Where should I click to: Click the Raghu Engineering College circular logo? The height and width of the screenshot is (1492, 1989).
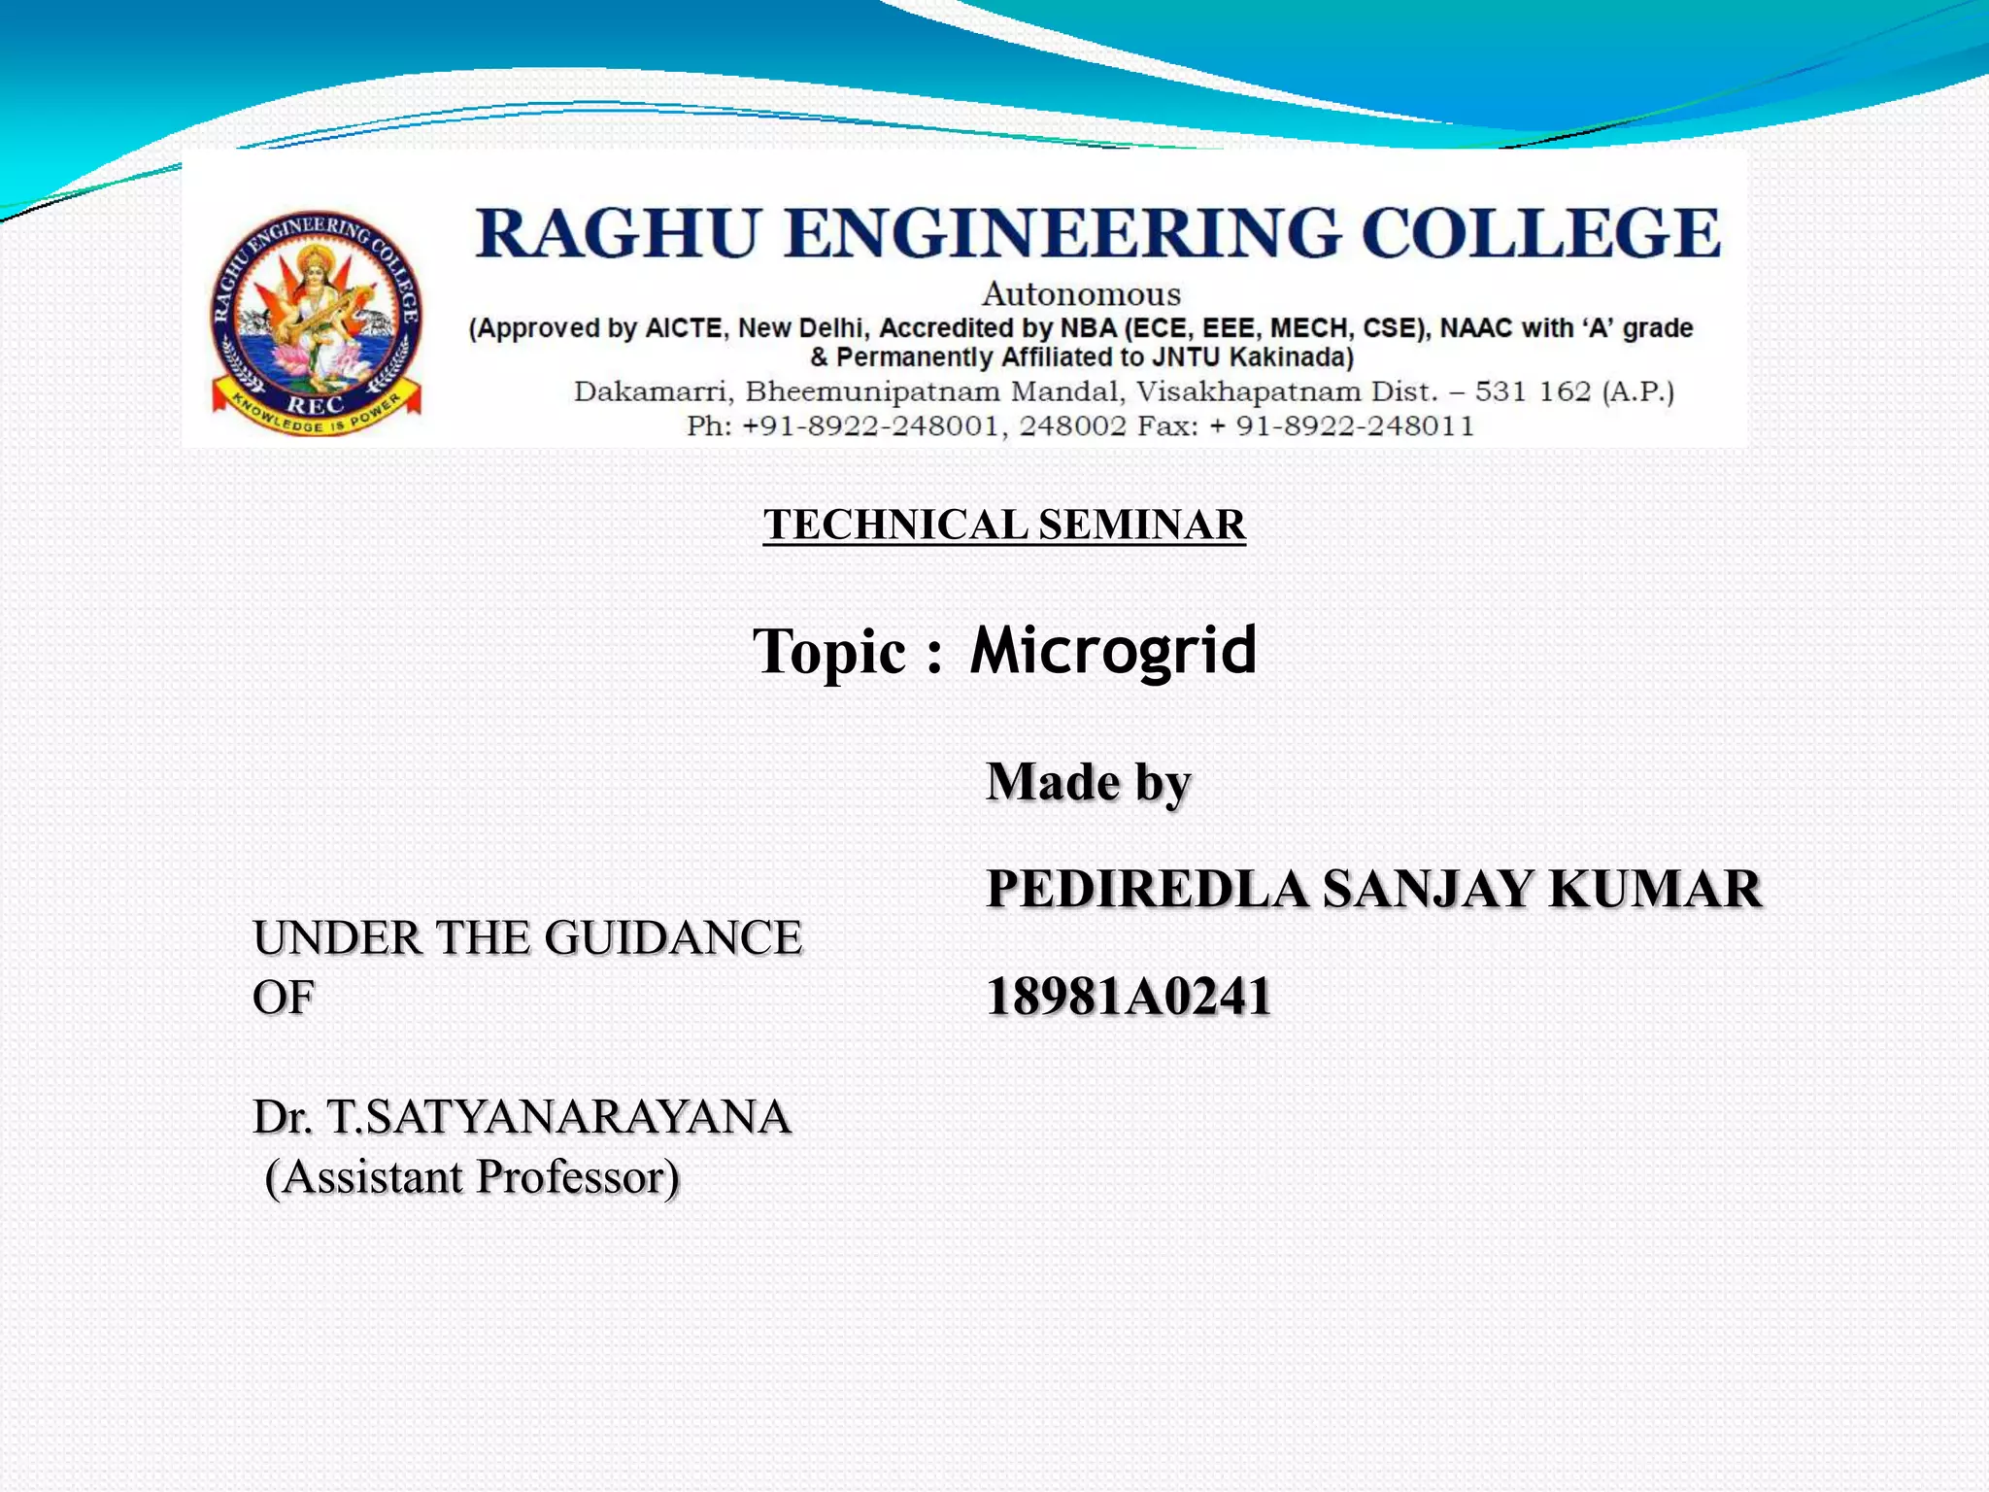tap(318, 323)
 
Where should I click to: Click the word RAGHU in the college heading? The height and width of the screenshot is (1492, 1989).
tap(616, 234)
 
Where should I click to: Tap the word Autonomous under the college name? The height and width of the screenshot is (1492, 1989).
tap(1081, 293)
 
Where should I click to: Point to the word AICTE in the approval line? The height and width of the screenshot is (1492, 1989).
tap(685, 328)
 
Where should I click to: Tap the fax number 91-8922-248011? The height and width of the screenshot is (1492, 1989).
tap(1355, 425)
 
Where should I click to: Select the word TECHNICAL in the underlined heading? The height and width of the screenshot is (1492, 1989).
tap(894, 525)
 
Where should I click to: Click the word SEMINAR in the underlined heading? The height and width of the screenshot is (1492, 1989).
tap(1142, 525)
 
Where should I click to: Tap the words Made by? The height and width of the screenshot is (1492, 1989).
tap(1088, 782)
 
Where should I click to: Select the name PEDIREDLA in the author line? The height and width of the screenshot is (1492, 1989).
tap(1147, 889)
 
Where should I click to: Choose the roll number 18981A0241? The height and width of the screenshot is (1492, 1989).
tap(1129, 997)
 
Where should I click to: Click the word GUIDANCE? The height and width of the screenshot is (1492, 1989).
tap(673, 938)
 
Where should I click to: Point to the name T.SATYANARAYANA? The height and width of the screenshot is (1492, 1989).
tap(558, 1117)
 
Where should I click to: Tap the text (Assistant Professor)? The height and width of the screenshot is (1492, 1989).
tap(472, 1177)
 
